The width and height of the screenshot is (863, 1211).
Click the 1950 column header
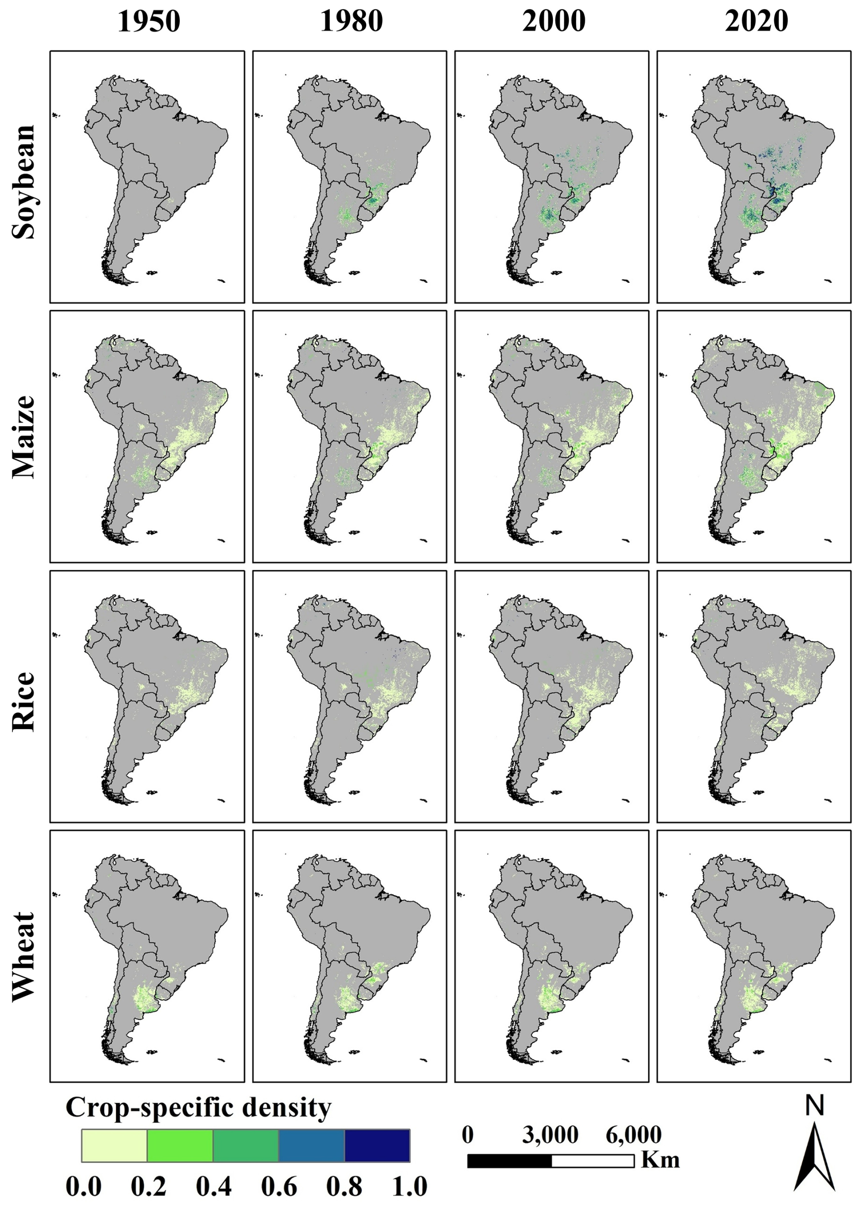coord(149,22)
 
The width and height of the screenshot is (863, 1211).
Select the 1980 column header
coord(351,22)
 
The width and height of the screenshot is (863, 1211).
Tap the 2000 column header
coord(554,22)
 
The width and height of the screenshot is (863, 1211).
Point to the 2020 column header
coord(756,22)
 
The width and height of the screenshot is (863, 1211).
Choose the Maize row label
coord(24,437)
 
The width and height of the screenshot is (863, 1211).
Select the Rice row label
coord(24,701)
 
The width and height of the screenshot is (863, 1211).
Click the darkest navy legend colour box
coord(377,1146)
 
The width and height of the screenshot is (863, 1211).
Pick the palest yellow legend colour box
coord(114,1146)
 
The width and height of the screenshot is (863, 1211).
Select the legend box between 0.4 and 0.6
coord(245,1146)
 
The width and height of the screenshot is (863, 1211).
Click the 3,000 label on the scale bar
coord(550,1134)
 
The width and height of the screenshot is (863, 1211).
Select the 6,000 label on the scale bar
coord(634,1134)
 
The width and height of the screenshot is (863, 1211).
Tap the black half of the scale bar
coord(509,1160)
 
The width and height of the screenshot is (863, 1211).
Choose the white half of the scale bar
coord(593,1160)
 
